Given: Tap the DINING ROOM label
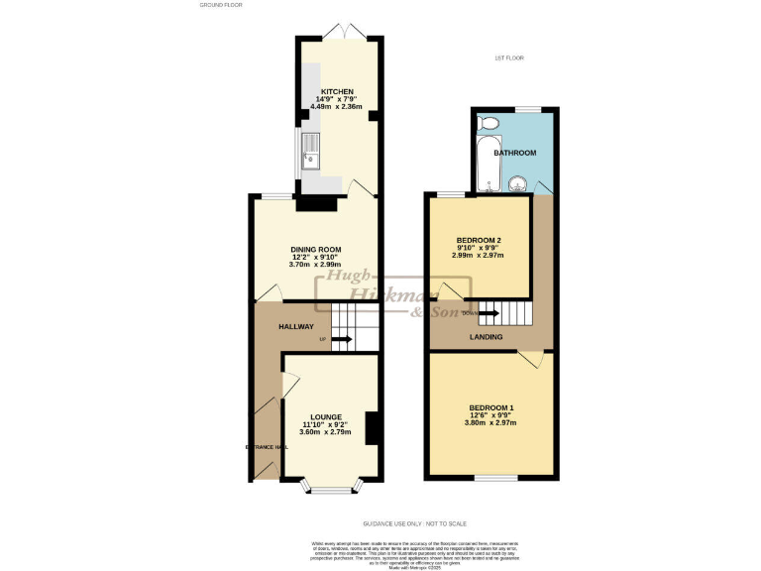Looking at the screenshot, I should point(316,249).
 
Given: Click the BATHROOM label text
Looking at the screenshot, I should point(515,153).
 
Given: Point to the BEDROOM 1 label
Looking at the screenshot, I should point(490,408).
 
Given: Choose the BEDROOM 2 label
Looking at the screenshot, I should point(479,240).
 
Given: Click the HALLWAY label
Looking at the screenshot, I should point(295,326).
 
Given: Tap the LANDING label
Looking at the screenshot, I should point(486,337).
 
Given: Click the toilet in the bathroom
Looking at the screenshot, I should point(487,123).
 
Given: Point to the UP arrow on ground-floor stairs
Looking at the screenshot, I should point(341,340).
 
